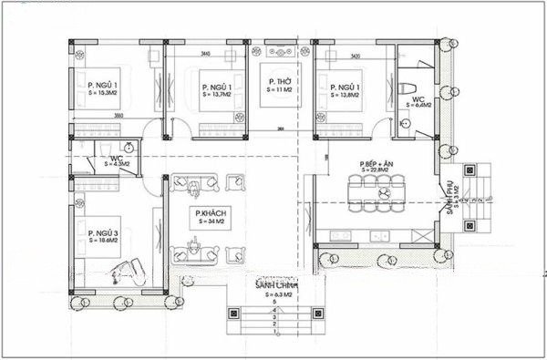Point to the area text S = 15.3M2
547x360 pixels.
(x=102, y=94)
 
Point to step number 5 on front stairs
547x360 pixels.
(x=273, y=303)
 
